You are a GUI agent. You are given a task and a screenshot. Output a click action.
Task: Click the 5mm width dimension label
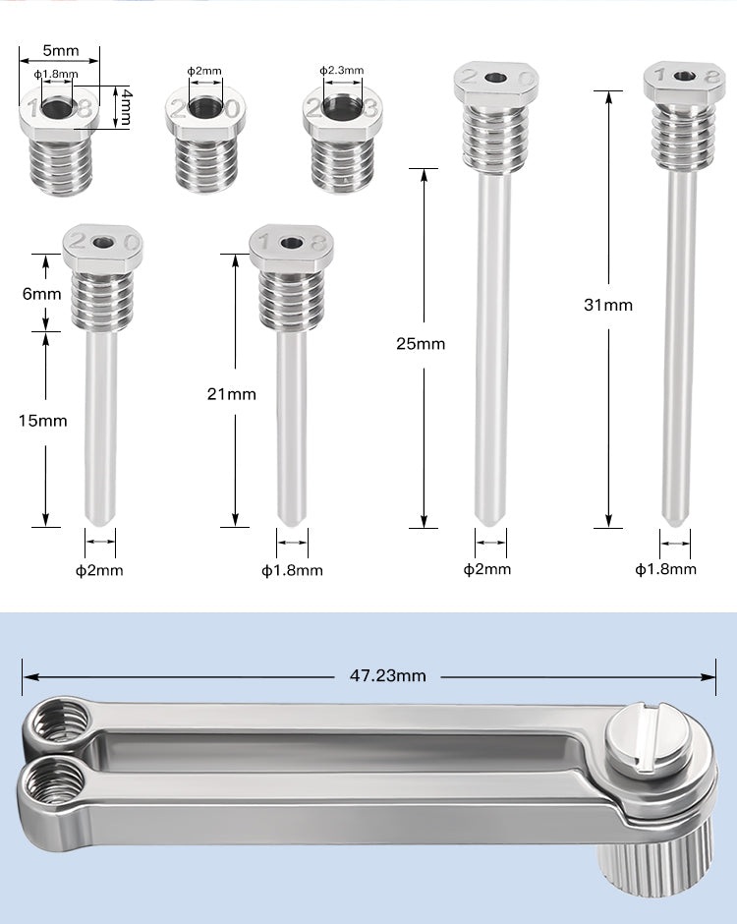click(60, 50)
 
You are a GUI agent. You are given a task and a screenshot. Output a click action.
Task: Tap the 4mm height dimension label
click(125, 107)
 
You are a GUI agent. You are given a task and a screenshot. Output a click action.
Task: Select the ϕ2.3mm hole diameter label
click(342, 70)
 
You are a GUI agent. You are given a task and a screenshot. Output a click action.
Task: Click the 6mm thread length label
click(42, 294)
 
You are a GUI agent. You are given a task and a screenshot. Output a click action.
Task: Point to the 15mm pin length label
click(42, 421)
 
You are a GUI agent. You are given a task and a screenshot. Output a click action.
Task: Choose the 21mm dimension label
click(232, 393)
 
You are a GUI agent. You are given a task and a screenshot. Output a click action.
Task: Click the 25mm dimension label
click(421, 344)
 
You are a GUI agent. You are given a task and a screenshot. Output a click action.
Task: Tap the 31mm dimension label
click(608, 305)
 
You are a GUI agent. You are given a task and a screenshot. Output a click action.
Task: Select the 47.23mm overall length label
click(387, 675)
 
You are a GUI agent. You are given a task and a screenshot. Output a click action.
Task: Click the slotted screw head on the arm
click(651, 736)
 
